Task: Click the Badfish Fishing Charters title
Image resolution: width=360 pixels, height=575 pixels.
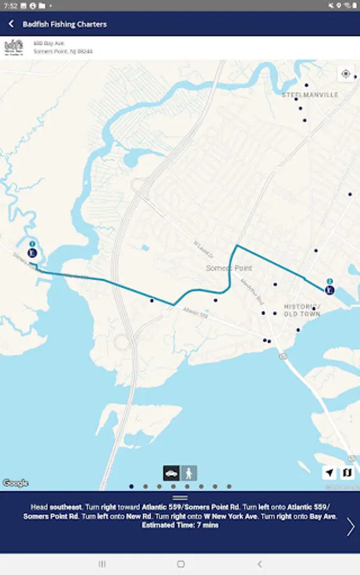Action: (x=65, y=24)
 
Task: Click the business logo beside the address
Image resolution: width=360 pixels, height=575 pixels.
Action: (x=13, y=47)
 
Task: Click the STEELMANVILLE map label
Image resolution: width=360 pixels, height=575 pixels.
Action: (x=310, y=95)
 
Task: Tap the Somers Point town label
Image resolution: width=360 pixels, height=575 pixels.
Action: (x=229, y=268)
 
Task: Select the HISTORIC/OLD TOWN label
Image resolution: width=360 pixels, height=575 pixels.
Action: (x=302, y=310)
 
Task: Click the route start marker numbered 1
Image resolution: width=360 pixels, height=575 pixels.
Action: (x=33, y=251)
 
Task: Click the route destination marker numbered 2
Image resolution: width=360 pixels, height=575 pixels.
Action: (x=329, y=289)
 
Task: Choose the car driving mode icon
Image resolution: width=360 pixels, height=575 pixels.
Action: (x=171, y=473)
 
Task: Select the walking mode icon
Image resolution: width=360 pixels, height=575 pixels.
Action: (x=189, y=473)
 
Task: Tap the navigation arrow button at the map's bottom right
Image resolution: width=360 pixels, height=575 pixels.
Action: (x=329, y=473)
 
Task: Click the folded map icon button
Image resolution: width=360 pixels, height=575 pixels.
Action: (x=347, y=473)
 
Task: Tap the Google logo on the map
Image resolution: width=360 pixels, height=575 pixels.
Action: (x=15, y=484)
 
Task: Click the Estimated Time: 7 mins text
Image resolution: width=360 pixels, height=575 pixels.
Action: (x=180, y=525)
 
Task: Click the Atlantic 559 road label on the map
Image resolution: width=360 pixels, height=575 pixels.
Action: (x=195, y=313)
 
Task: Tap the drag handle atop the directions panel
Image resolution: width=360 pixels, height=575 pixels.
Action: (x=180, y=498)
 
